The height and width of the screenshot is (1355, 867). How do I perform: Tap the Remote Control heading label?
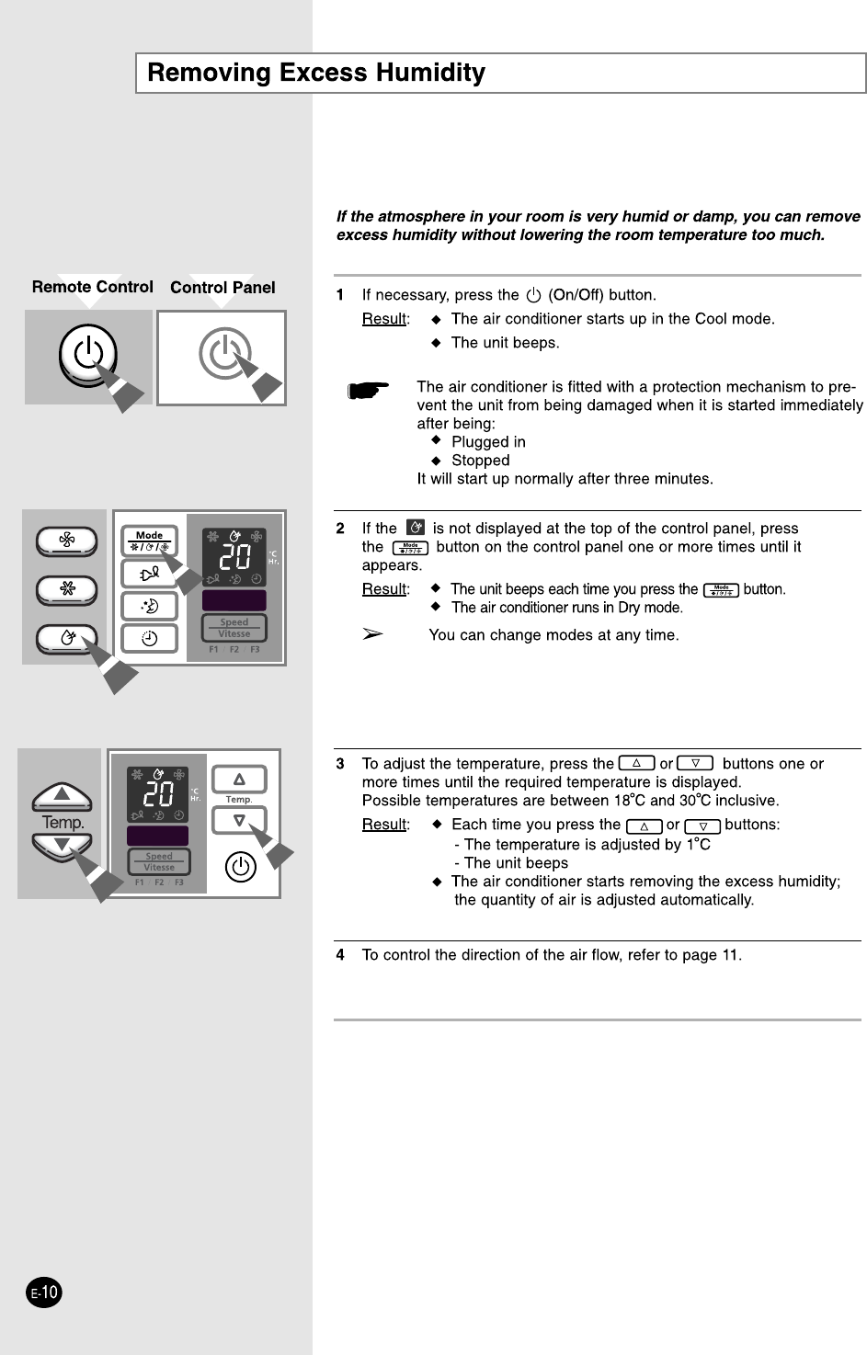pyautogui.click(x=92, y=287)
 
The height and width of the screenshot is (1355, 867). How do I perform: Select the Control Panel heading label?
pyautogui.click(x=222, y=288)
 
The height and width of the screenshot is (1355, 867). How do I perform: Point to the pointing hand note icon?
pyautogui.click(x=368, y=391)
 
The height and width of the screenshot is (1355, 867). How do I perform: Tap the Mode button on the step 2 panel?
pyautogui.click(x=149, y=541)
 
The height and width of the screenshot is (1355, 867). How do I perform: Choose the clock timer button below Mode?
pyautogui.click(x=149, y=638)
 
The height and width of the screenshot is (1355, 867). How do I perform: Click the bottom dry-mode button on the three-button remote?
pyautogui.click(x=66, y=638)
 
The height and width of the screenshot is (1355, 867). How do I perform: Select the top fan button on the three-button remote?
pyautogui.click(x=66, y=541)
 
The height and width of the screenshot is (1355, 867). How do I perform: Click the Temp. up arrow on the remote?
pyautogui.click(x=62, y=796)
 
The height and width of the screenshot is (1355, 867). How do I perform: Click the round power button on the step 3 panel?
pyautogui.click(x=240, y=867)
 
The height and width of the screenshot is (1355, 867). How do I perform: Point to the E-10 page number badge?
pyautogui.click(x=43, y=1292)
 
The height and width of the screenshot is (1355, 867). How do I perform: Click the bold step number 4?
pyautogui.click(x=340, y=955)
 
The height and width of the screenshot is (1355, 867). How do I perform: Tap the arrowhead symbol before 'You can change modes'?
pyautogui.click(x=371, y=634)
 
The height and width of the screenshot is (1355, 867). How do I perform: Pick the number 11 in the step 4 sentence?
pyautogui.click(x=730, y=955)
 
